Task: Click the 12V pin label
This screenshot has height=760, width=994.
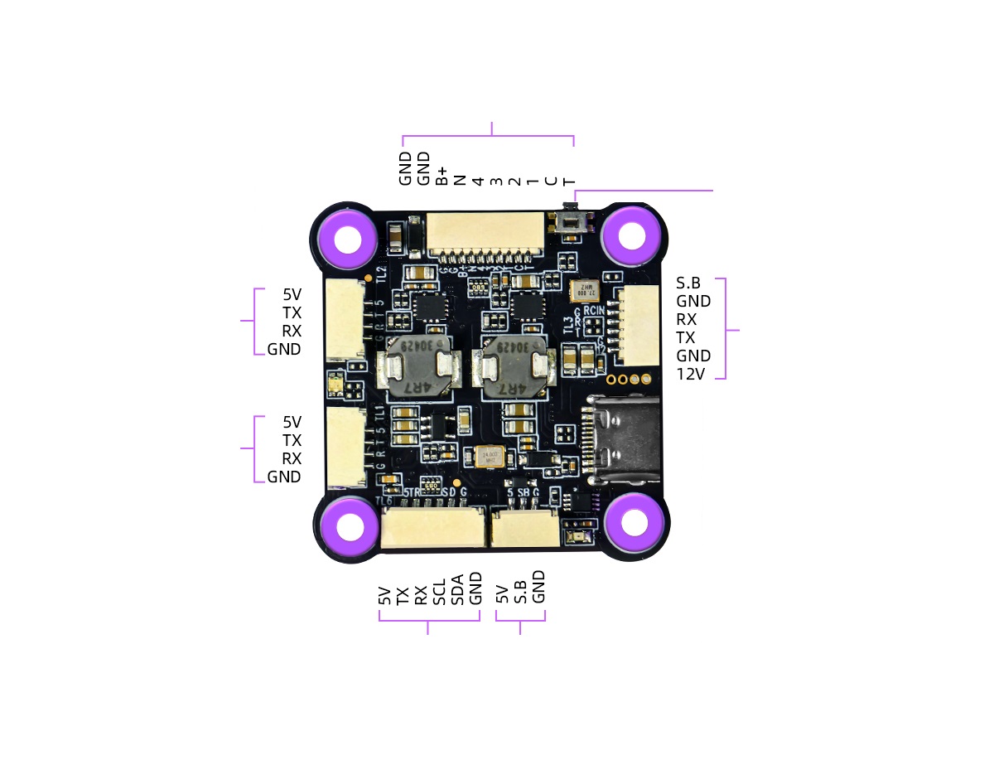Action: [690, 374]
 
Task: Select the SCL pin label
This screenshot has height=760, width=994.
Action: [439, 591]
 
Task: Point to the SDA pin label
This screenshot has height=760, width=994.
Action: [457, 591]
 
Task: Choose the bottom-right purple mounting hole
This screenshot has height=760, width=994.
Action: [635, 522]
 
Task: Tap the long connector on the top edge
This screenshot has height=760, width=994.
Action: [486, 232]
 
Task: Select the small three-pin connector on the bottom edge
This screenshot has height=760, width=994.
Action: [524, 529]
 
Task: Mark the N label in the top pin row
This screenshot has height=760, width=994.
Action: [461, 179]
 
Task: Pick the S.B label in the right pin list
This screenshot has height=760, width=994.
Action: [688, 283]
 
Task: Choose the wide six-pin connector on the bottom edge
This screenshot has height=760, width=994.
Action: [432, 528]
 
